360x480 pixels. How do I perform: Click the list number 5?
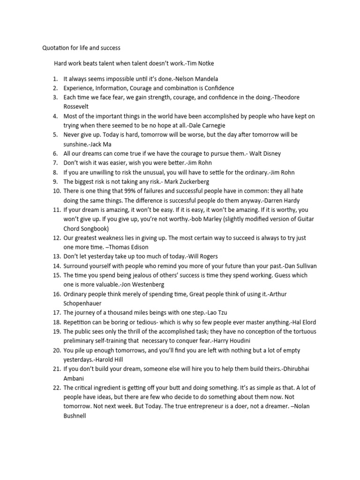pyautogui.click(x=55, y=135)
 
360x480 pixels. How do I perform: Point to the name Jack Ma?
pyautogui.click(x=98, y=144)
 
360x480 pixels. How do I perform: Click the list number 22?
pyautogui.click(x=56, y=388)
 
